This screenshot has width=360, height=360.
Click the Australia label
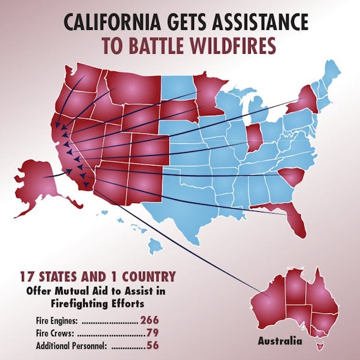tap(279, 341)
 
